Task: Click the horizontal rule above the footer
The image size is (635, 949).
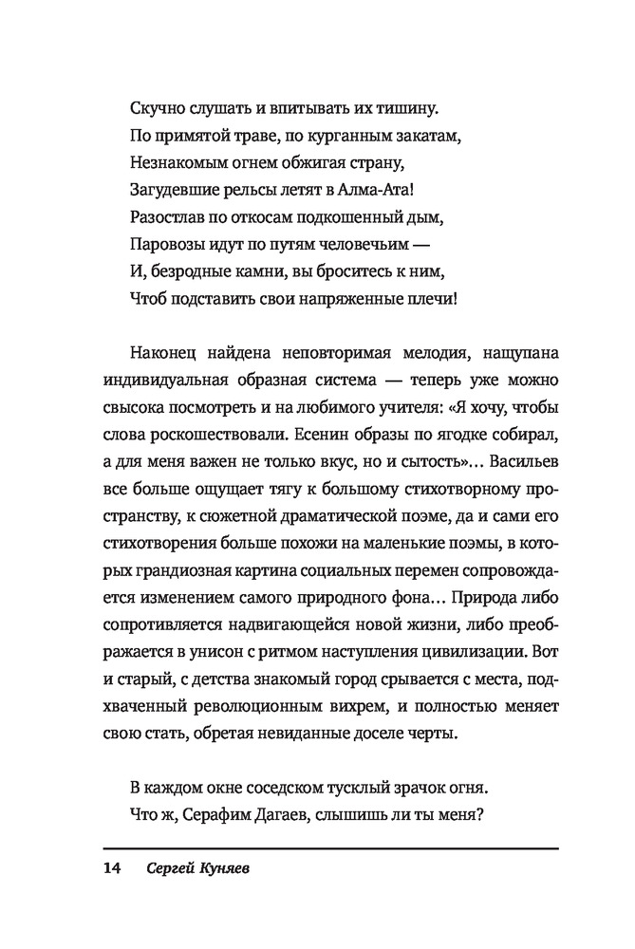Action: pos(331,847)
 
